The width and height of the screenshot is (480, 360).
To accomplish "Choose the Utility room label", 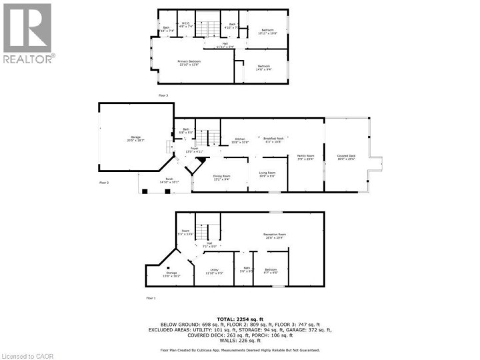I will (x=214, y=271).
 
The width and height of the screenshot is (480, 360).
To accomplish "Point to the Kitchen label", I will (x=239, y=140).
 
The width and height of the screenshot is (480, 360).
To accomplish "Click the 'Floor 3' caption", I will (x=163, y=96).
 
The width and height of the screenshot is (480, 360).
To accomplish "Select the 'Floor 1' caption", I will (x=150, y=297).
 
